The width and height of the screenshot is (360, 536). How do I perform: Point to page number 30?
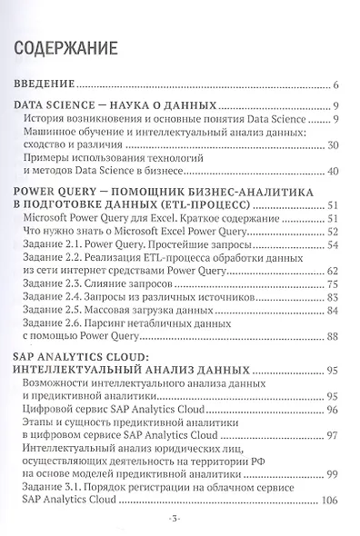333,144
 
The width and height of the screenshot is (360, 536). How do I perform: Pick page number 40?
333,171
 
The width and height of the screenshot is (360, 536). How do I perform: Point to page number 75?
333,284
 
